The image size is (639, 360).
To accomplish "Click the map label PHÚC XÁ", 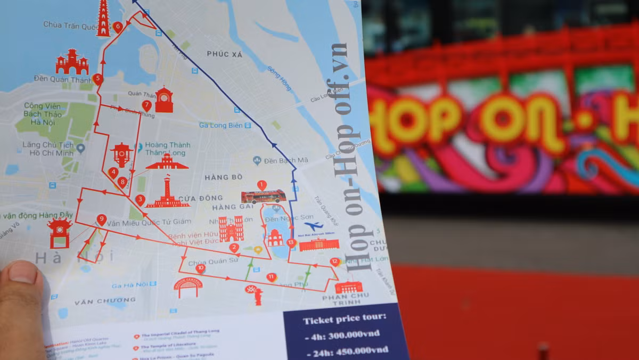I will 225,54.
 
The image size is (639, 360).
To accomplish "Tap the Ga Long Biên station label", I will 224,125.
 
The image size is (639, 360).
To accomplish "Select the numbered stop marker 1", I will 261,185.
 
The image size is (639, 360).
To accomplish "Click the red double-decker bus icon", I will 263,197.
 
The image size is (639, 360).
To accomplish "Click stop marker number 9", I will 101,219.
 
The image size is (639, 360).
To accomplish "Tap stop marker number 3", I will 140,200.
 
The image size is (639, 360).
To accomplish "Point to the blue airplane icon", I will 314,226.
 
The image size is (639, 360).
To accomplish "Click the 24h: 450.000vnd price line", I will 347,350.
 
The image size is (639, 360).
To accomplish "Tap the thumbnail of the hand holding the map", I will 21,309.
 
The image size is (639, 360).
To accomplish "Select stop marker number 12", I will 334,261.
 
